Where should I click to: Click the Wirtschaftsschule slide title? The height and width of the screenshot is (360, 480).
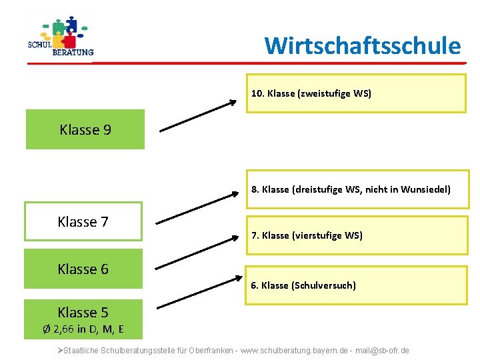362,45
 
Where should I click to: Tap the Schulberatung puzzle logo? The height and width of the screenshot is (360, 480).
61,37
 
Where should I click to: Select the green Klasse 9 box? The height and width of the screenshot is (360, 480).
85,129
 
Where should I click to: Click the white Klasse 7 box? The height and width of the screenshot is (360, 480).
83,221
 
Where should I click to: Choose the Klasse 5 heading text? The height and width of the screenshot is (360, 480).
83,312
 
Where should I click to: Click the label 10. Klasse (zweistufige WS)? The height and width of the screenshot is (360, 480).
311,93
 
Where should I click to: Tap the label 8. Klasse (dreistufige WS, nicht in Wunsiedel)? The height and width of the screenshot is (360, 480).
351,189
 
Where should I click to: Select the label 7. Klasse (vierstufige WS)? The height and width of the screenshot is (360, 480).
307,235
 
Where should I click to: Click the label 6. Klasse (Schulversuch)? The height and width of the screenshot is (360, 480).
303,285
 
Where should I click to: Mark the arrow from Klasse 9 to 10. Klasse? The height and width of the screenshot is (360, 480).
198,115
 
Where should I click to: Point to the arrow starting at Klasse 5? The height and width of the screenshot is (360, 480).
198,293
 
